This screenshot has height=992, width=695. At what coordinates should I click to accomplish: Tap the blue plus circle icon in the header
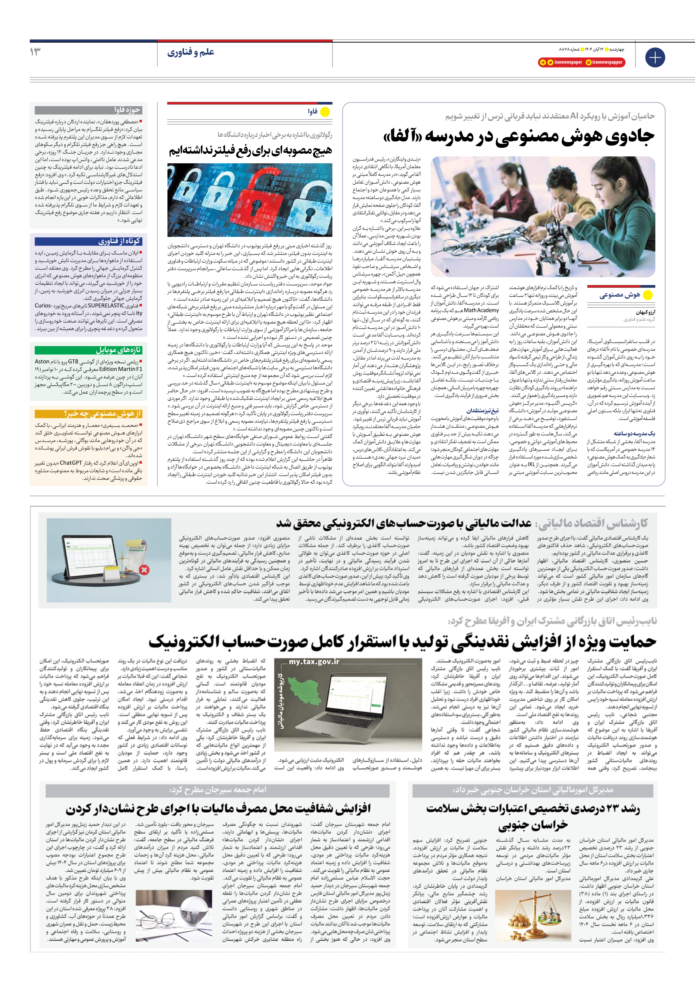pyautogui.click(x=655, y=58)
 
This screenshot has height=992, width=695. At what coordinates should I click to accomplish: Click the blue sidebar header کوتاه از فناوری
pyautogui.click(x=119, y=241)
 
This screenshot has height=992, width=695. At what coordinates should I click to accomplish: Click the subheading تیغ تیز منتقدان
pyautogui.click(x=482, y=411)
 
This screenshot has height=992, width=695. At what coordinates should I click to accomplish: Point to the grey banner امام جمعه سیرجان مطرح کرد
pyautogui.click(x=218, y=789)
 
